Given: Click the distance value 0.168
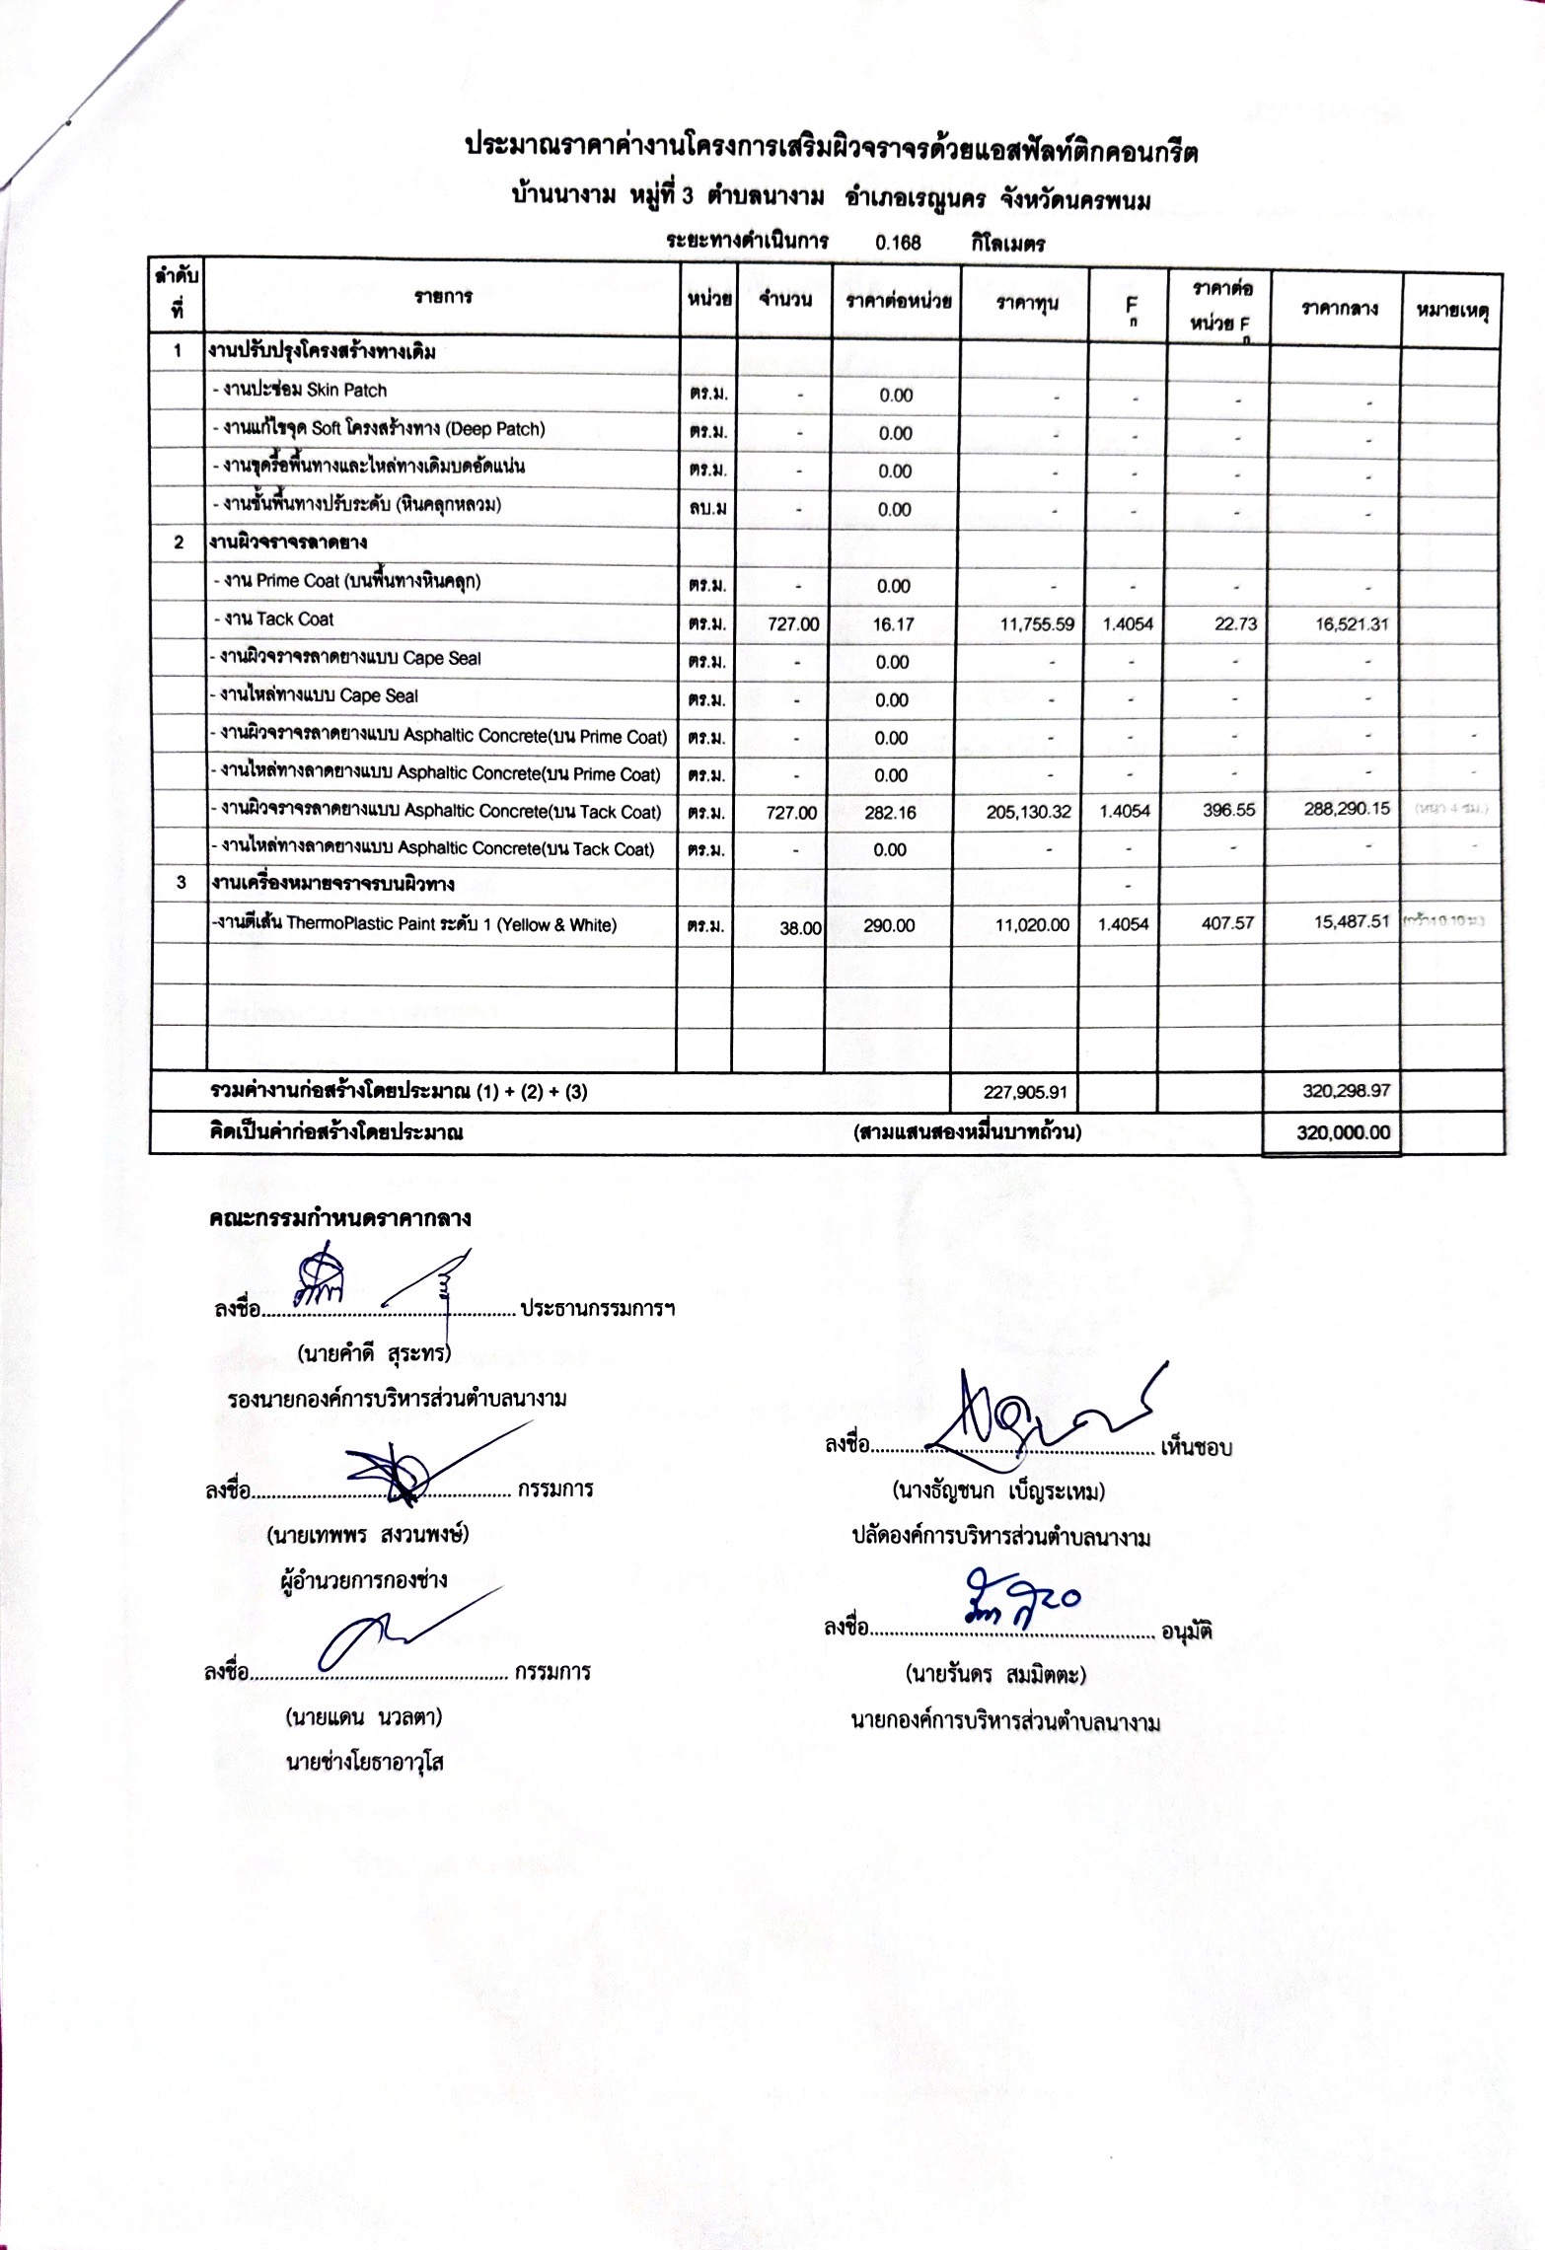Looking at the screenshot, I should pyautogui.click(x=897, y=243).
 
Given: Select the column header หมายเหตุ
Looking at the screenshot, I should pyautogui.click(x=1451, y=310).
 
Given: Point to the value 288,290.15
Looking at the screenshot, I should pyautogui.click(x=1347, y=808).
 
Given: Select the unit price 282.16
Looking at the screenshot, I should pyautogui.click(x=891, y=813).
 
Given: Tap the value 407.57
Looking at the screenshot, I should pyautogui.click(x=1227, y=923).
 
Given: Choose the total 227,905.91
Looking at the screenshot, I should pyautogui.click(x=1026, y=1092).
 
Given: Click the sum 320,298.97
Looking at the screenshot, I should pyautogui.click(x=1345, y=1090).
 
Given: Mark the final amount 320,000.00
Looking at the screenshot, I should pyautogui.click(x=1343, y=1132).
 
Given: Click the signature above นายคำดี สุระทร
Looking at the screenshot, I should pyautogui.click(x=375, y=1283).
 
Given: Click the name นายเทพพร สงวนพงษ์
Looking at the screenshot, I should pyautogui.click(x=367, y=1535).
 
